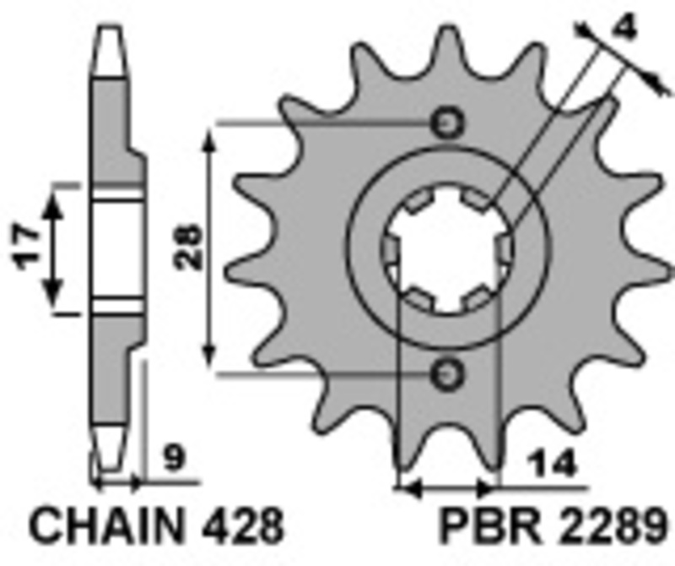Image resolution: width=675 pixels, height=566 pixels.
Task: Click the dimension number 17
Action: click(28, 247)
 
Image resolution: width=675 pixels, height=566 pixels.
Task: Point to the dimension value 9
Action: click(173, 461)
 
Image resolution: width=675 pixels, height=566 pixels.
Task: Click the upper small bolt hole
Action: click(446, 123)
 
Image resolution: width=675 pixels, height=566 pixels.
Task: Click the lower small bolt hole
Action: click(446, 372)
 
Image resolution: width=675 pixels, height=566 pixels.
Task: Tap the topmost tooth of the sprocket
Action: click(445, 38)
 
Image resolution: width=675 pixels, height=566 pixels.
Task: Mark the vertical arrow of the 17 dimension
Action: click(54, 247)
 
